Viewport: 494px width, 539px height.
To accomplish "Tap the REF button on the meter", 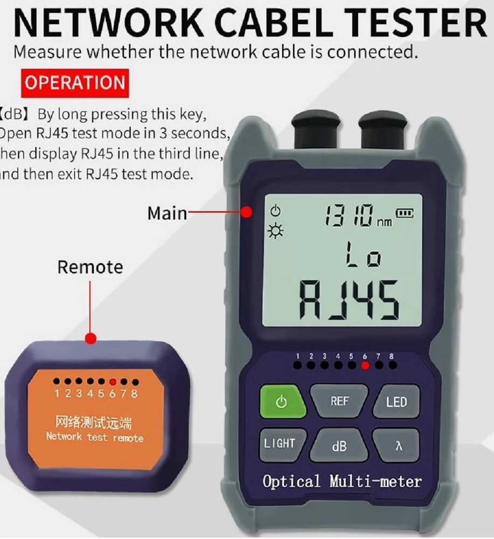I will (x=339, y=402).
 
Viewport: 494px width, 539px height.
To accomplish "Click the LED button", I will (x=396, y=402).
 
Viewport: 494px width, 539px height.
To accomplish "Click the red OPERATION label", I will (x=75, y=83).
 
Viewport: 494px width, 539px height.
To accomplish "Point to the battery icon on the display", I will (x=405, y=213).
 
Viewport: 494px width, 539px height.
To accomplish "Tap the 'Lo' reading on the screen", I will (x=362, y=254).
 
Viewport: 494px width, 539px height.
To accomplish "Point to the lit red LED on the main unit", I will (x=365, y=365).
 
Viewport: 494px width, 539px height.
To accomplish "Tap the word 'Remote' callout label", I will (x=90, y=267).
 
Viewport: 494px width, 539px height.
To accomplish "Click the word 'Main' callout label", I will (x=167, y=213).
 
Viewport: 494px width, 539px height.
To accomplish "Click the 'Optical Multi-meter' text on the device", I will (x=342, y=481).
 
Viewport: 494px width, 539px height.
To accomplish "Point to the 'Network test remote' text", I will (x=95, y=437).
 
